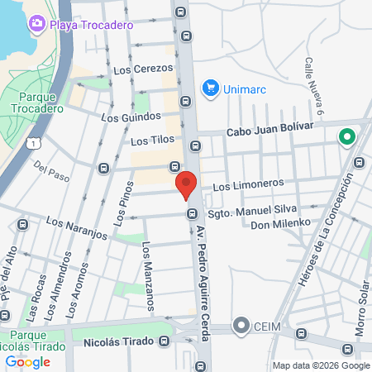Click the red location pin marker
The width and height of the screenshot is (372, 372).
click(185, 184)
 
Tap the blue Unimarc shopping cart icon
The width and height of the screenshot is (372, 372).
click(210, 88)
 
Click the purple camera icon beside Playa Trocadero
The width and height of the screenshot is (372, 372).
click(36, 23)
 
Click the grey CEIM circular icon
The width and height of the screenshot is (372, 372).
click(241, 326)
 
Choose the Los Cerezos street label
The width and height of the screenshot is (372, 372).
click(143, 69)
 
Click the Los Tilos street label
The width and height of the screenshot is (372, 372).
click(151, 141)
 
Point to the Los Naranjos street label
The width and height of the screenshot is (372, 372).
click(77, 227)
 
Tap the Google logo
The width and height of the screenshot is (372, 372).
click(28, 361)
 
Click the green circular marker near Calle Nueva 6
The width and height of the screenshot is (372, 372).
click(346, 138)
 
